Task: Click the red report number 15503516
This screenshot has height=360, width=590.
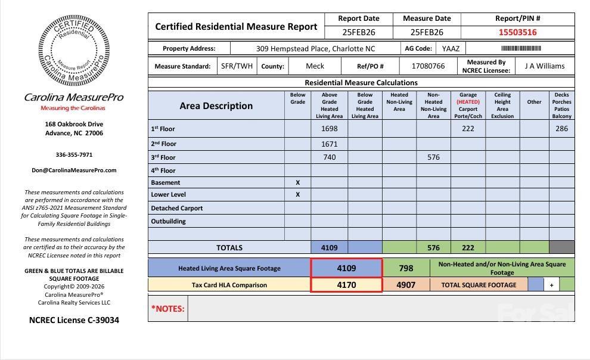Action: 517,33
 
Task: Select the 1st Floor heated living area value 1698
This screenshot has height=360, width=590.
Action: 329,129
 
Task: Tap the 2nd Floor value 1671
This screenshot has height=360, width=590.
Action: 329,144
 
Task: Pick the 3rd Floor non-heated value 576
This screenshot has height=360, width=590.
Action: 433,157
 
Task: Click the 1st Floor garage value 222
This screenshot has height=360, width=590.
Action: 468,129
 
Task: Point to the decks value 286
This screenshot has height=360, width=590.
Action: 561,129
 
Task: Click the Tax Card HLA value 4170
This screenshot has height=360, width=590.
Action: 346,285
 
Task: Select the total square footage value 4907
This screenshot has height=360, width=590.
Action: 405,285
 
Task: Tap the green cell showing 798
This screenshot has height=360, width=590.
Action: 405,268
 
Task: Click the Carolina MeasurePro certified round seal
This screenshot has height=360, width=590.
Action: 74,51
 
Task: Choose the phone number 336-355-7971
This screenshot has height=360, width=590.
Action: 74,155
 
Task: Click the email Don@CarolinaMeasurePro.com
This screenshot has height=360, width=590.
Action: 74,170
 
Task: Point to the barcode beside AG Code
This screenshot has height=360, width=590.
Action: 520,48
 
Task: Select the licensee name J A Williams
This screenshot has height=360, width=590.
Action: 544,66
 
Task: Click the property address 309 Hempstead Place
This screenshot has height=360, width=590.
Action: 315,49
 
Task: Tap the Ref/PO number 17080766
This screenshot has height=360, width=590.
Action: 428,66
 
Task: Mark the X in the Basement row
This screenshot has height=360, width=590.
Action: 297,182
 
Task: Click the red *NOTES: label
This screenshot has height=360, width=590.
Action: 167,309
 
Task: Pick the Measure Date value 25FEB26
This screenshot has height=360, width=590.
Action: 427,33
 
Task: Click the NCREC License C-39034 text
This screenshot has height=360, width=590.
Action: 74,320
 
